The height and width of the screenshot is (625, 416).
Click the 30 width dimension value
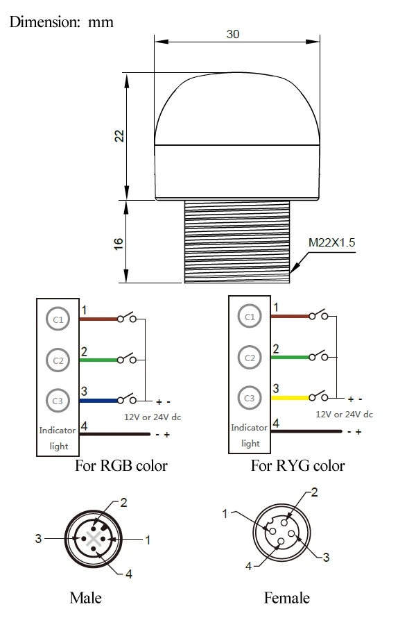pos(233,34)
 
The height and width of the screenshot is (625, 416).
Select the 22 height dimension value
pos(119,135)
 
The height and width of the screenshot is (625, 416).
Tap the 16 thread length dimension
pos(119,242)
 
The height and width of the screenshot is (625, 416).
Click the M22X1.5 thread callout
pos(331,243)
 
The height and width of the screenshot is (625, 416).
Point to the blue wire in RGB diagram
pos(99,400)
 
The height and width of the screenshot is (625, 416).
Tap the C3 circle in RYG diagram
pos(250,398)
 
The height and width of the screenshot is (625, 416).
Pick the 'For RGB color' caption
pos(121,465)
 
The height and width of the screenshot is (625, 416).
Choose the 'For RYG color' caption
pos(297,465)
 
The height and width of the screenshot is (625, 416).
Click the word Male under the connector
pos(85,597)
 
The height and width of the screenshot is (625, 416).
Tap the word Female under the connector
pos(286,597)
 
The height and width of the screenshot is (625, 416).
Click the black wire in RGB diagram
pos(114,435)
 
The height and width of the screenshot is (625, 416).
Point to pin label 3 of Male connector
pos(38,537)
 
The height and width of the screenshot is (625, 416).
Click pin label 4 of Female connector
pos(248,566)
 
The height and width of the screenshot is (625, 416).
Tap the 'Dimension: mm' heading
pos(61,22)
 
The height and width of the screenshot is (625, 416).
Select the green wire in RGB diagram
pos(99,360)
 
